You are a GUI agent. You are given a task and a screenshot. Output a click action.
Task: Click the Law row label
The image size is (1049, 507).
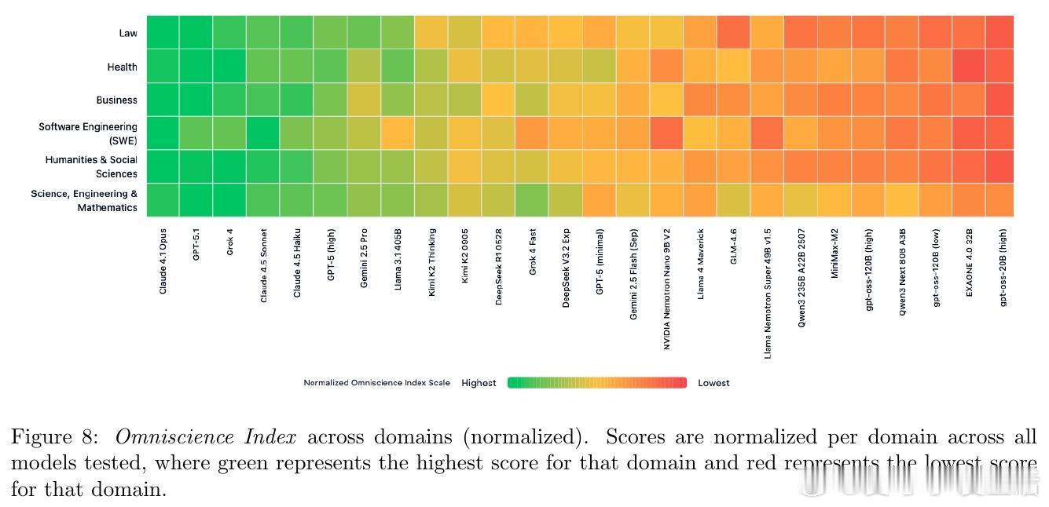click(x=127, y=33)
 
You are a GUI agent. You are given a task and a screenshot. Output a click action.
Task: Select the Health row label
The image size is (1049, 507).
click(x=122, y=67)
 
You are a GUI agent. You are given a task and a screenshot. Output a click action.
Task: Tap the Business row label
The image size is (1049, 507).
click(x=116, y=100)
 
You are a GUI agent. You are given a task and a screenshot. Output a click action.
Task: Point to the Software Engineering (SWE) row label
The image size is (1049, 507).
click(x=88, y=133)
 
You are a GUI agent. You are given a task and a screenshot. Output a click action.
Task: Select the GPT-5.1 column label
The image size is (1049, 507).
click(x=196, y=244)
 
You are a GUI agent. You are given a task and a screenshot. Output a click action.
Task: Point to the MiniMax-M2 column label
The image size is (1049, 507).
click(x=834, y=253)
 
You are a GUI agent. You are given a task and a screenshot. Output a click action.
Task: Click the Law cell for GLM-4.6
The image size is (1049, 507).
click(x=733, y=32)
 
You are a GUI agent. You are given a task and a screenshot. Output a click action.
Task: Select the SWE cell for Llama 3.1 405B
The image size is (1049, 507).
click(x=398, y=133)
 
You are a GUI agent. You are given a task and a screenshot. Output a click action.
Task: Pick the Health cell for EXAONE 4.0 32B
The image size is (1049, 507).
click(x=969, y=66)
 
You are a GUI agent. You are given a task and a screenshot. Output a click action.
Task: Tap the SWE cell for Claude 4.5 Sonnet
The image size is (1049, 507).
click(x=263, y=133)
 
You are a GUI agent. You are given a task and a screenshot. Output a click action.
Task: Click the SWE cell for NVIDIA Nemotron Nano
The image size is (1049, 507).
click(x=666, y=133)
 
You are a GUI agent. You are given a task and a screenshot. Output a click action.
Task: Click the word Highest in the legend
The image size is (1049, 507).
click(x=479, y=383)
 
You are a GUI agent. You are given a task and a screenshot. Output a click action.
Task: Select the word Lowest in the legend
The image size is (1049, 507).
click(x=713, y=383)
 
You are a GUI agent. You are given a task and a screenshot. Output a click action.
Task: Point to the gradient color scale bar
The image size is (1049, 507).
click(x=597, y=383)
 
